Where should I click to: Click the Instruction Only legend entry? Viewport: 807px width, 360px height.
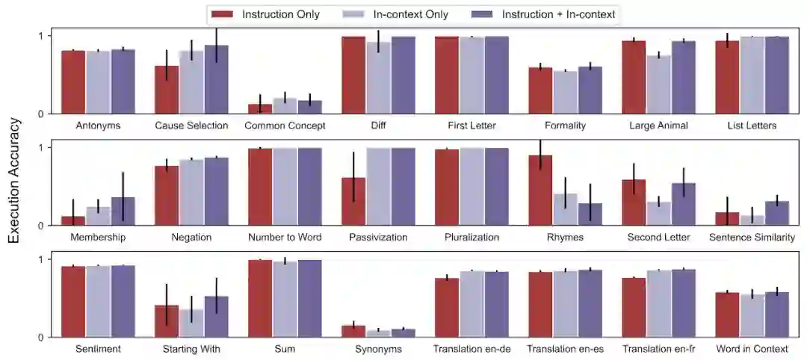pos(265,13)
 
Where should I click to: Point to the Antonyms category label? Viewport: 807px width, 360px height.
pos(98,125)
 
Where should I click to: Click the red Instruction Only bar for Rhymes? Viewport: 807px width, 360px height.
pos(540,190)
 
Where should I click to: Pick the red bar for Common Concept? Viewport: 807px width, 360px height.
pos(260,109)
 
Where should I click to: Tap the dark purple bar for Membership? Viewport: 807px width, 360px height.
pos(123,211)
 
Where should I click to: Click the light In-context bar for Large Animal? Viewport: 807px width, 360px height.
pos(658,84)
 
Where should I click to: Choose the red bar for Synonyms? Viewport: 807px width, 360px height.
pos(353,332)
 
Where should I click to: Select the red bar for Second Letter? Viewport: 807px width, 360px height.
pos(634,202)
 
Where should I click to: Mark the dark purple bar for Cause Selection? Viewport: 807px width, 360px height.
pos(216,79)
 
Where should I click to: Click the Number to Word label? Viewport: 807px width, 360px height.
pos(285,238)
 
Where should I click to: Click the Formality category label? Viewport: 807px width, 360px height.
pos(565,125)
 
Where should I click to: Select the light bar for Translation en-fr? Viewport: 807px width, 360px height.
pos(658,304)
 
